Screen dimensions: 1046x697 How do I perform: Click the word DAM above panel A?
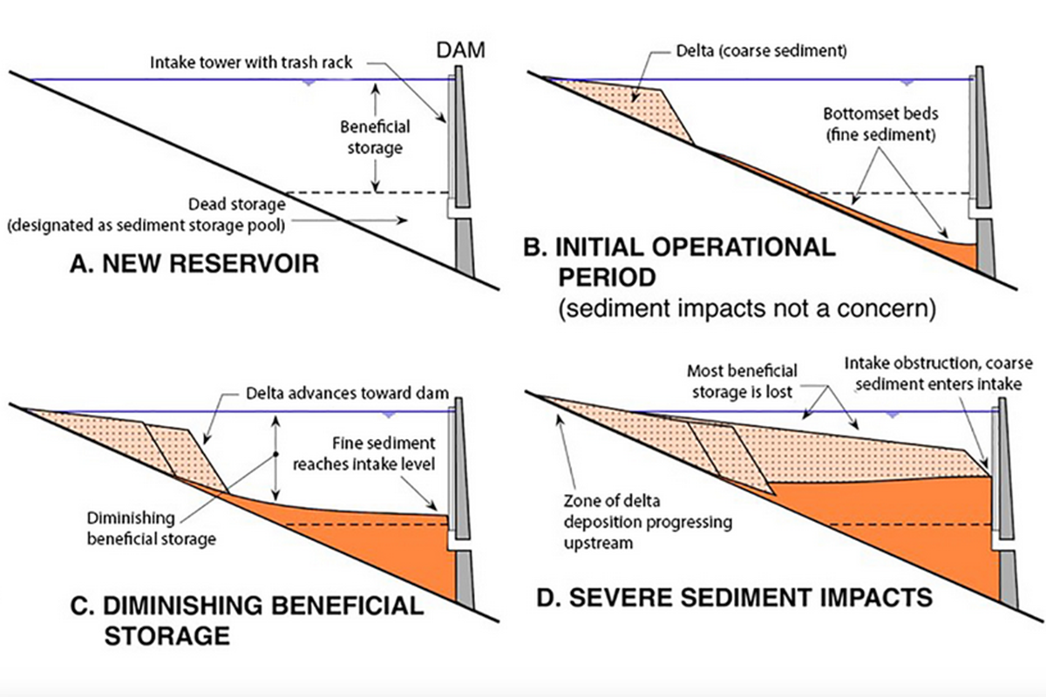point(460,51)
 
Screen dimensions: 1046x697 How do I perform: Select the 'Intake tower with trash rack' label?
point(251,63)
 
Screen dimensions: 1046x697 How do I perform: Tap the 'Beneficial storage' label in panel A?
point(375,138)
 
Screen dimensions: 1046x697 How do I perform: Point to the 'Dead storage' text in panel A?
point(237,205)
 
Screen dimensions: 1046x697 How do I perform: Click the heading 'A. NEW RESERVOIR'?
point(194,263)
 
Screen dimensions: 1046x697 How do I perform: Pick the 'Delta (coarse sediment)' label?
point(762,51)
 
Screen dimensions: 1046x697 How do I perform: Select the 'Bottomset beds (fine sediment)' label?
point(880,125)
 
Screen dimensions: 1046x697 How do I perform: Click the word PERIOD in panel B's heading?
point(607,277)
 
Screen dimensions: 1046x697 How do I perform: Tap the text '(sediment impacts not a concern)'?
point(747,308)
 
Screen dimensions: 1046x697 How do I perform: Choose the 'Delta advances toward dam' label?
point(348,394)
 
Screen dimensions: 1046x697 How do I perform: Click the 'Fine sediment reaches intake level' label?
point(363,453)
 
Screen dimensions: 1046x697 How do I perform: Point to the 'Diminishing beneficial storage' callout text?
point(152,529)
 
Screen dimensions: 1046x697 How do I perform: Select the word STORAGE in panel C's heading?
point(167,636)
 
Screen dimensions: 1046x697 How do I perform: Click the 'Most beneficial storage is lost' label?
point(742,382)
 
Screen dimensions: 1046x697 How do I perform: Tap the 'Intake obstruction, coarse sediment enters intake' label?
point(939,374)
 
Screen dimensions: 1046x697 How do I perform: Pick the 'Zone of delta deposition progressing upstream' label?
point(648,522)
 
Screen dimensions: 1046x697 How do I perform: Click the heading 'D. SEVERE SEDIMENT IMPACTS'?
point(735,598)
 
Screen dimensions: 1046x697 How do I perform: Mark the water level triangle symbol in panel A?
point(308,83)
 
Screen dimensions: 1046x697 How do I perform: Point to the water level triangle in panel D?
point(893,415)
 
